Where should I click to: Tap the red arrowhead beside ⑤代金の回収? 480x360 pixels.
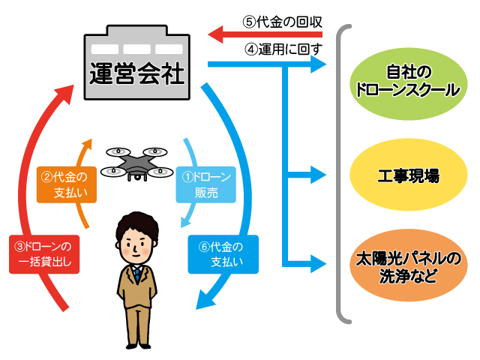[215, 34]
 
